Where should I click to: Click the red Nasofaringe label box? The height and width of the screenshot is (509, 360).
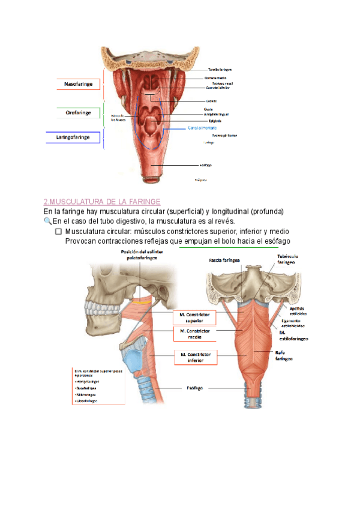pyautogui.click(x=78, y=85)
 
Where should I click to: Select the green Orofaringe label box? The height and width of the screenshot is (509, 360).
pyautogui.click(x=78, y=112)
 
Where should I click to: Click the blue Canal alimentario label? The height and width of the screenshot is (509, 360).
pyautogui.click(x=202, y=128)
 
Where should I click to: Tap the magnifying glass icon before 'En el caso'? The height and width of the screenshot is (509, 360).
pyautogui.click(x=48, y=221)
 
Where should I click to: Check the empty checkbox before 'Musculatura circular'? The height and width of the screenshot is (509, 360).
pyautogui.click(x=58, y=232)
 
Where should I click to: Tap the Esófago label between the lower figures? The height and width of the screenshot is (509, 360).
pyautogui.click(x=194, y=388)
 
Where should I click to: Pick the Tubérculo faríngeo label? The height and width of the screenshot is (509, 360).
pyautogui.click(x=287, y=259)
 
